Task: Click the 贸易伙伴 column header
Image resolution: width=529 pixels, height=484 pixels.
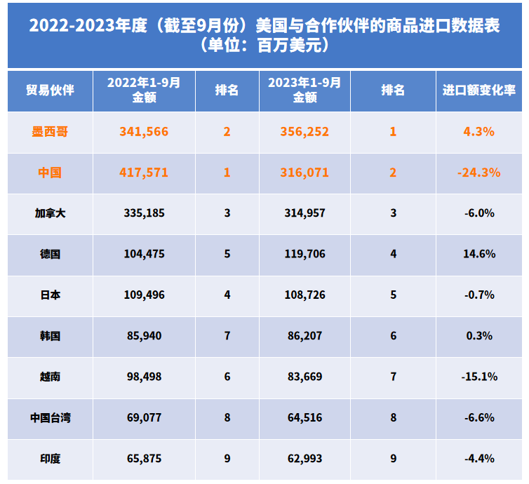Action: [x=50, y=90]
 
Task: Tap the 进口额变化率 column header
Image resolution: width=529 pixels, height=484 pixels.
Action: [x=479, y=90]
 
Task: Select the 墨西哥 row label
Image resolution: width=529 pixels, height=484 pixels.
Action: [x=50, y=131]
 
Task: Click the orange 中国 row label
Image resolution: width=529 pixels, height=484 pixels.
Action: [x=50, y=172]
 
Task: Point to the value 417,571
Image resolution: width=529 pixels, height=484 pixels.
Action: [x=144, y=172]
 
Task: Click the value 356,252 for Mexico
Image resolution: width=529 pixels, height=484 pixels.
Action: [x=304, y=131]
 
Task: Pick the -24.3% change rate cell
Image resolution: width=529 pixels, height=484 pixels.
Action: [x=479, y=172]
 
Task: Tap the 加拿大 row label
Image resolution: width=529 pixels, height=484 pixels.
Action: [x=50, y=213]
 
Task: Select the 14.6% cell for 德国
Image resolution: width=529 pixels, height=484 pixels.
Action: [x=479, y=254]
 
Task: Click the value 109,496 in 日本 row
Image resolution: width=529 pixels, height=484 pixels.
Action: [x=144, y=295]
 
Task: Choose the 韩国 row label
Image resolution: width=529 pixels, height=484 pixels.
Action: [x=50, y=336]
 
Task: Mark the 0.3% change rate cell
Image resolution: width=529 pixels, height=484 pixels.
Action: [x=479, y=336]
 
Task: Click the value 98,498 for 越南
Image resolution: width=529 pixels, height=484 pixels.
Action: [x=144, y=377]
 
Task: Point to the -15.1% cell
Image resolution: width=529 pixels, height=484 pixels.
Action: [x=479, y=377]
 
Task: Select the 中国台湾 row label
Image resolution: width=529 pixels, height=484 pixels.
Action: [x=50, y=418]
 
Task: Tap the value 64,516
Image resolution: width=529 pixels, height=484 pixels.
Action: [x=304, y=418]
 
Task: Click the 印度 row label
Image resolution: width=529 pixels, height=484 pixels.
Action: [x=50, y=459]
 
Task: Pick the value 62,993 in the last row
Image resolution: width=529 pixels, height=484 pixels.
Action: [x=304, y=459]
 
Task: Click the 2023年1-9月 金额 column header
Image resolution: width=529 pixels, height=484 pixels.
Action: [x=304, y=90]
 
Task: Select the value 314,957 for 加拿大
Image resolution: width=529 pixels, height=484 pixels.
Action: [x=304, y=213]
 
